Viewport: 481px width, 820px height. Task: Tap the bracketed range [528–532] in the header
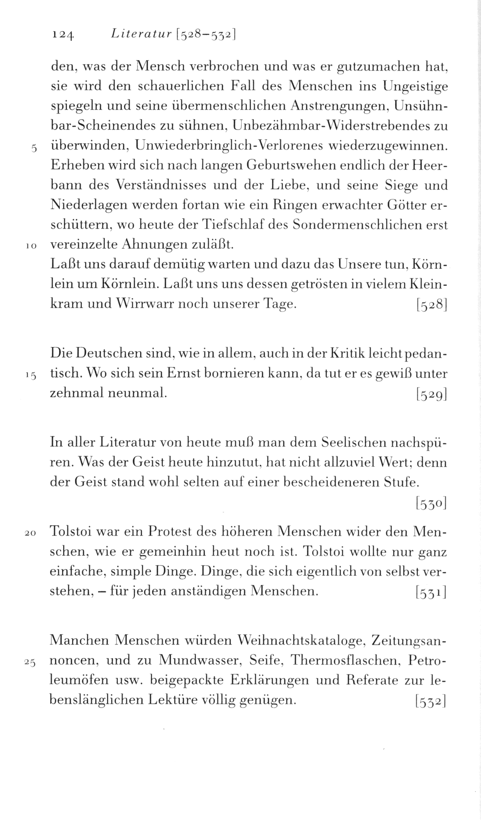click(207, 35)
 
